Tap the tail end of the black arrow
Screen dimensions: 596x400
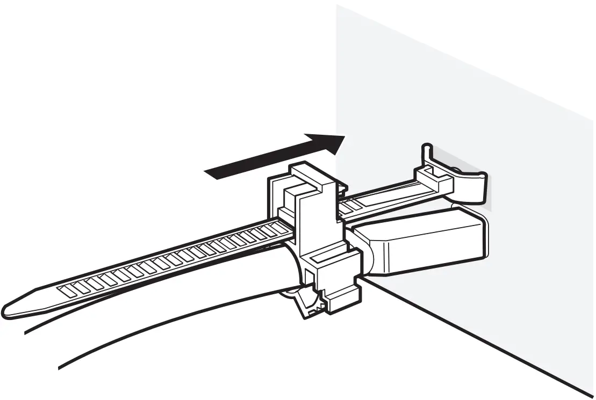click(209, 172)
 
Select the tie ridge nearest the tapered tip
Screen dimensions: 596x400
click(66, 290)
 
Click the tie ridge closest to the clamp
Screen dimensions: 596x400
click(279, 228)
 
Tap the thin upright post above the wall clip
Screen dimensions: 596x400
click(426, 153)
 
